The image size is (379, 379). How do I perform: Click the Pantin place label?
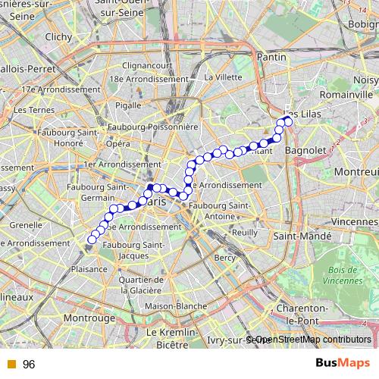pyautogui.click(x=271, y=57)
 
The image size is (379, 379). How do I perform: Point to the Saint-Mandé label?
pyautogui.click(x=302, y=236)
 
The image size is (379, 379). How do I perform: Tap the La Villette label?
pyautogui.click(x=222, y=77)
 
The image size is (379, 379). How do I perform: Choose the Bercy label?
pyautogui.click(x=225, y=258)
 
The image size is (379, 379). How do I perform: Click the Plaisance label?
pyautogui.click(x=88, y=268)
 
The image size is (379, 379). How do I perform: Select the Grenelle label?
pyautogui.click(x=26, y=225)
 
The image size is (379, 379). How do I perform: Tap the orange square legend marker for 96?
pyautogui.click(x=10, y=365)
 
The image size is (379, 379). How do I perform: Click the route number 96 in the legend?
pyautogui.click(x=29, y=365)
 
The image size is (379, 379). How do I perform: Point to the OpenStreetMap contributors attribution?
pyautogui.click(x=312, y=340)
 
